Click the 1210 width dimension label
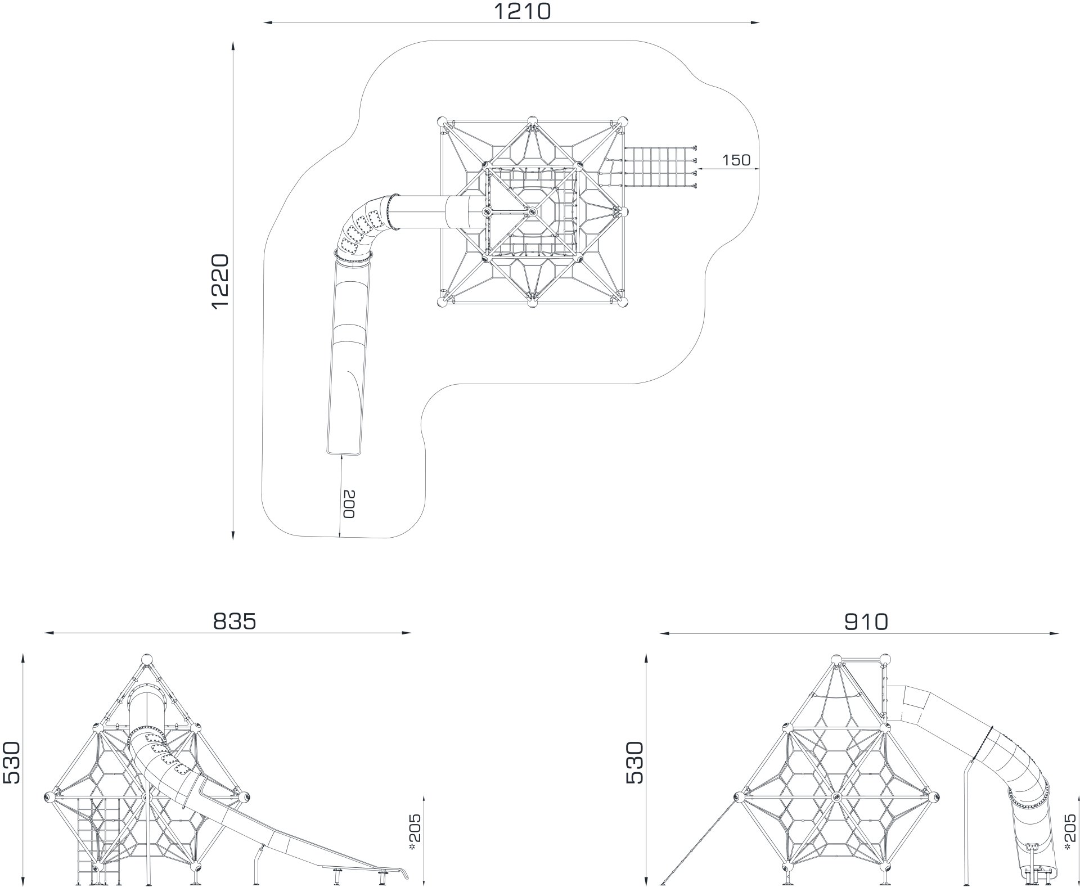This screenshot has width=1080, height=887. point(522,11)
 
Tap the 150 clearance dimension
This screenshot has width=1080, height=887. point(736,160)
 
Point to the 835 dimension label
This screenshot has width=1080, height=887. point(235,621)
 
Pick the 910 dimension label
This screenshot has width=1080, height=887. point(866,621)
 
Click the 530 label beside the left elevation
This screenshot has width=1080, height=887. point(11,762)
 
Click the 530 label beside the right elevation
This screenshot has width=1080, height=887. point(634,762)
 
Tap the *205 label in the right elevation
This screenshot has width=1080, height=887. point(1071,834)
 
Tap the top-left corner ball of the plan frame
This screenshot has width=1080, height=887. point(442,121)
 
